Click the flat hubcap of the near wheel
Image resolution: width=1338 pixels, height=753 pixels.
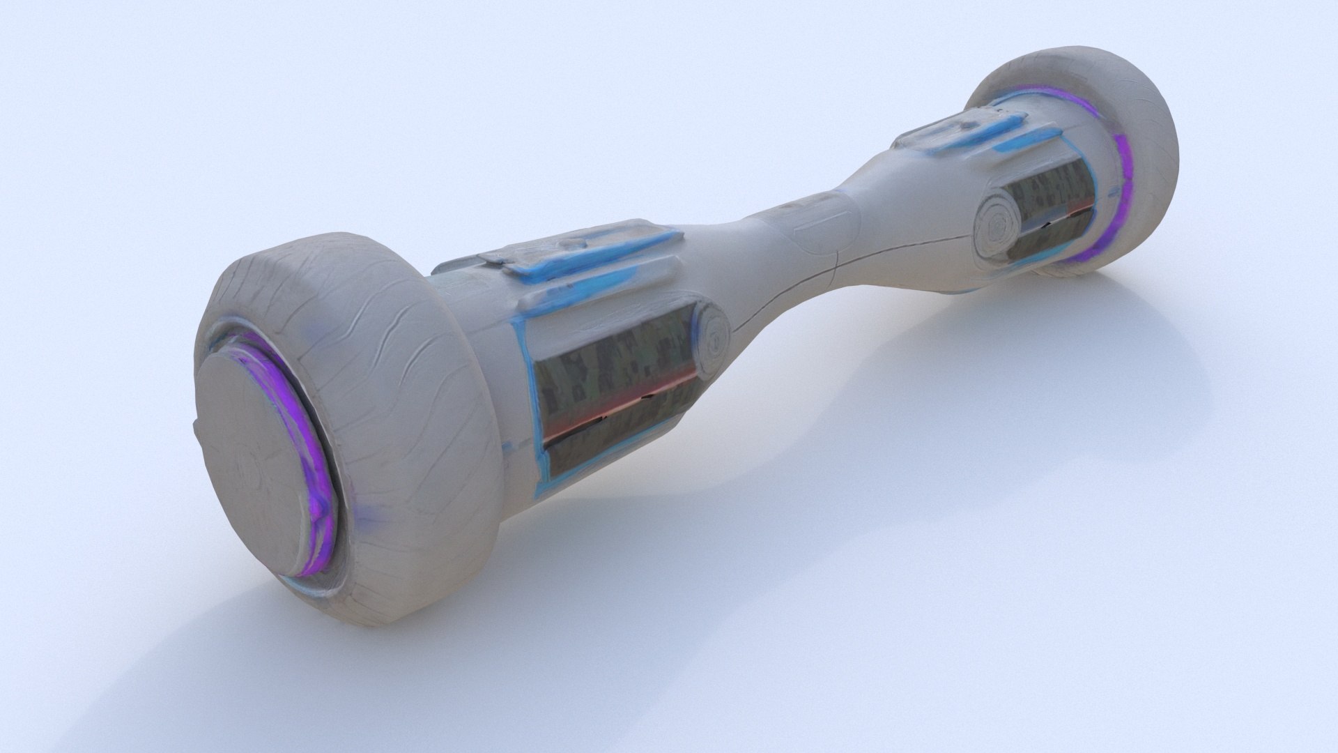(258, 453)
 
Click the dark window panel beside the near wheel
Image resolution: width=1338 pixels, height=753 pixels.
(613, 397)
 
